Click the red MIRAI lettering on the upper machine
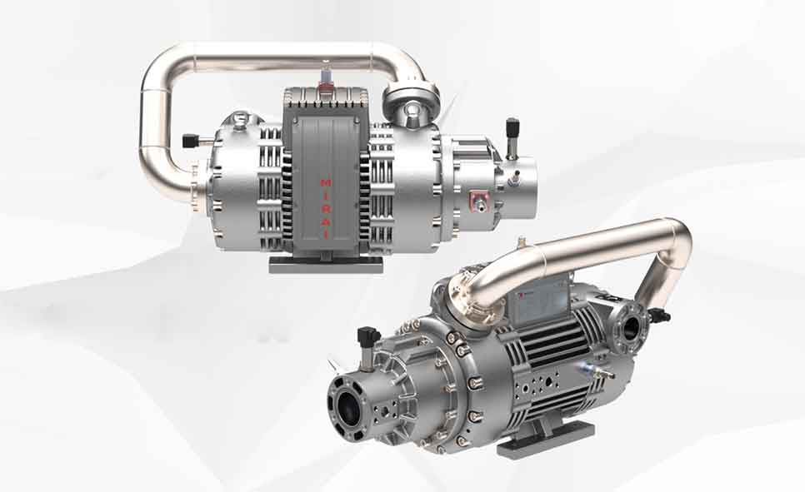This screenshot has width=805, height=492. tap(325, 208)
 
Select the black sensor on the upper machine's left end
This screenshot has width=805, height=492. tap(191, 141)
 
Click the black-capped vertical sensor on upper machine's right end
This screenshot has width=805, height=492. tap(512, 132)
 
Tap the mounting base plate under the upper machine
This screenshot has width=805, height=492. tap(326, 264)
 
